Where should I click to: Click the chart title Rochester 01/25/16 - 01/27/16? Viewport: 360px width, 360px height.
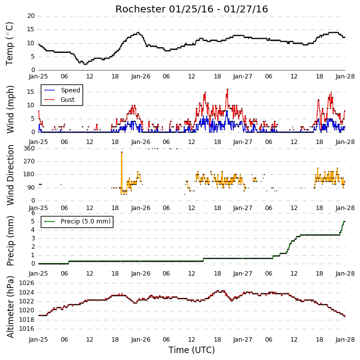tap(191, 9)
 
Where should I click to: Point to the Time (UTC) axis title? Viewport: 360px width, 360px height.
tap(191, 350)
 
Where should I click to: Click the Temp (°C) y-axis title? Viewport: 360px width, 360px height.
tap(9, 44)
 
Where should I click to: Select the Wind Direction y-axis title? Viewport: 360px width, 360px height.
tap(10, 175)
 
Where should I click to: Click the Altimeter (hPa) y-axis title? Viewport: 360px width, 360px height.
tap(10, 307)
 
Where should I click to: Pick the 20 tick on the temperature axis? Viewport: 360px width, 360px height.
tap(31, 16)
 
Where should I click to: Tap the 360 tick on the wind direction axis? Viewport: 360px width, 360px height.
tap(29, 148)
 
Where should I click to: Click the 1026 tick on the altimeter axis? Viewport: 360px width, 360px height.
tap(26, 283)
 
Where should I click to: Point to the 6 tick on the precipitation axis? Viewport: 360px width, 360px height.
tap(33, 213)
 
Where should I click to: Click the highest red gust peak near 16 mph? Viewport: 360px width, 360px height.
tap(228, 89)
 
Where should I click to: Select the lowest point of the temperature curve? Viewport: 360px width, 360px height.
tap(86, 64)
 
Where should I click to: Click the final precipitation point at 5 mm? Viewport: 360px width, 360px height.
tap(344, 221)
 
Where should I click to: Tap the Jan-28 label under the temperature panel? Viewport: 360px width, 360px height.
tap(345, 76)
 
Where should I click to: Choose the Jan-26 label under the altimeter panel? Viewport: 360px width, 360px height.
tap(141, 340)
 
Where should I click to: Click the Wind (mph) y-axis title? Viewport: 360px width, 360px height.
tap(10, 109)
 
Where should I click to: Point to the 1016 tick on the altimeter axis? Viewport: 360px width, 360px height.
tap(26, 329)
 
